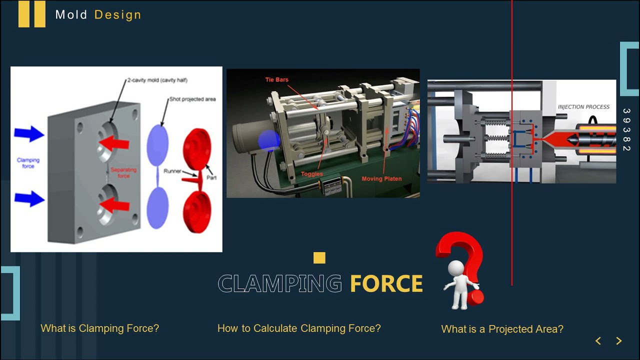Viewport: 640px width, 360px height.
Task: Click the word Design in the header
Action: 117,15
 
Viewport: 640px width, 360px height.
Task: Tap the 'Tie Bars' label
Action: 276,79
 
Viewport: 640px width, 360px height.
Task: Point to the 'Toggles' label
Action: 311,174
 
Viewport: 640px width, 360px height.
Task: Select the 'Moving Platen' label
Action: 381,178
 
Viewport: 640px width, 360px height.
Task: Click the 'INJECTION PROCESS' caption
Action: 583,106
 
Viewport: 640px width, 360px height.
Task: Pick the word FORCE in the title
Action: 386,284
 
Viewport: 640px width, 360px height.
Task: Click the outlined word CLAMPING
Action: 279,284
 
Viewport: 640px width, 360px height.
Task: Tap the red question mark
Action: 462,255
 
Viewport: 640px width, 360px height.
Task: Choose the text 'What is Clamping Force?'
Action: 99,328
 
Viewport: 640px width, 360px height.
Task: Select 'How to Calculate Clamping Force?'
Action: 299,328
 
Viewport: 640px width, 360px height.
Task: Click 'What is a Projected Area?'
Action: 502,329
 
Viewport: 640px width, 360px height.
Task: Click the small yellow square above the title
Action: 319,258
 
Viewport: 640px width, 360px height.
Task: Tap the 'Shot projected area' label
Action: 192,99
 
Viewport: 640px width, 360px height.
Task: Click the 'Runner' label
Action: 172,171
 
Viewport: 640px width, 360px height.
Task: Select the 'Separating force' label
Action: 123,173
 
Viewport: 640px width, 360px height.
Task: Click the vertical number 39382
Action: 626,130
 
